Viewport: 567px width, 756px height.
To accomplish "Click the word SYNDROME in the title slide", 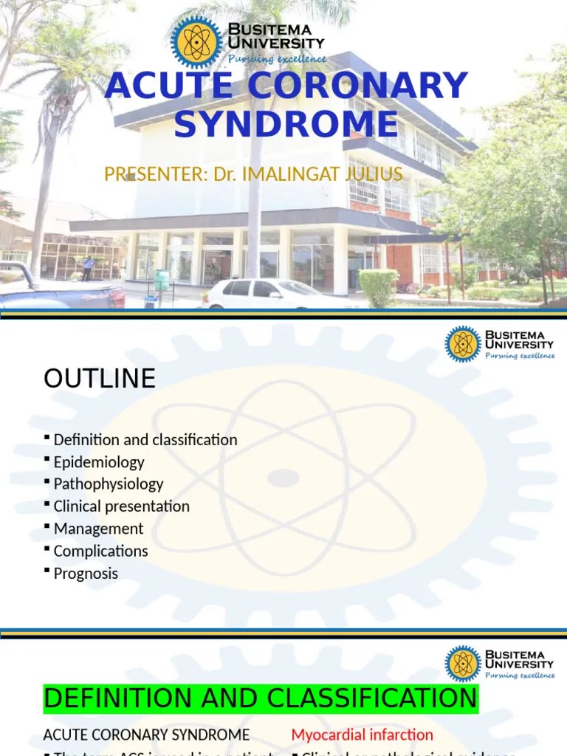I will pos(286,123).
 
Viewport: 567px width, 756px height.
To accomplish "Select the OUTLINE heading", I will pos(100,379).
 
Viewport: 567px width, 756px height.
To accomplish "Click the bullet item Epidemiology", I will pos(99,462).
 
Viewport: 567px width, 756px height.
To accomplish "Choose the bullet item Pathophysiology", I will pos(109,484).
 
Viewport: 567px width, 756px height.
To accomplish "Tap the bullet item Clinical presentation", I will pos(122,506).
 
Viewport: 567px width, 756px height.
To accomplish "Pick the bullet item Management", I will pos(98,529).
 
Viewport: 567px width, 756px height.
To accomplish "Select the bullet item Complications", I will pos(100,551).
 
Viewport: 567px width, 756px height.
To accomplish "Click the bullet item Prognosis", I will pos(86,574).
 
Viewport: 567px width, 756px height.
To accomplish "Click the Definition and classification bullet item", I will pos(145,440).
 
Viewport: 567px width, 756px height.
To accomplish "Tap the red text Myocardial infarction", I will pos(362,735).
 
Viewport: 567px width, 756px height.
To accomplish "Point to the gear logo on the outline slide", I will pos(463,344).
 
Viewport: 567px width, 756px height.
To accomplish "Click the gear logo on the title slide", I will pos(196,42).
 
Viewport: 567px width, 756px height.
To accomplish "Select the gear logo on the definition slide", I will pos(463,664).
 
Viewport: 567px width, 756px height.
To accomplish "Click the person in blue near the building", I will pos(88,268).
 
